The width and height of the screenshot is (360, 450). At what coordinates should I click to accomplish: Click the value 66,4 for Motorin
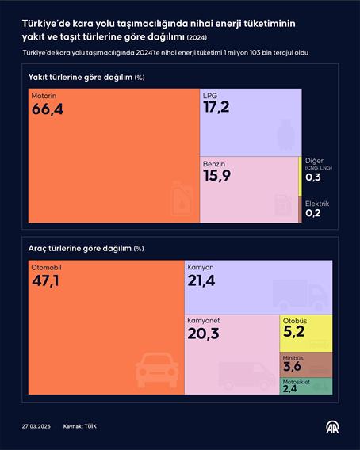(47, 109)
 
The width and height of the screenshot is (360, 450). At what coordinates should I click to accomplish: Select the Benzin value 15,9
(216, 176)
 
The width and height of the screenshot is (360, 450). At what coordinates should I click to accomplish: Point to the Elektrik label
(317, 204)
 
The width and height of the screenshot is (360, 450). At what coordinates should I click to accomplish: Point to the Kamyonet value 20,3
(202, 334)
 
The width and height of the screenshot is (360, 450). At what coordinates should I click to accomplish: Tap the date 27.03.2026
(36, 427)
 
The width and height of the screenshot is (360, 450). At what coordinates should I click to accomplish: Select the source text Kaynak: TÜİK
(80, 427)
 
